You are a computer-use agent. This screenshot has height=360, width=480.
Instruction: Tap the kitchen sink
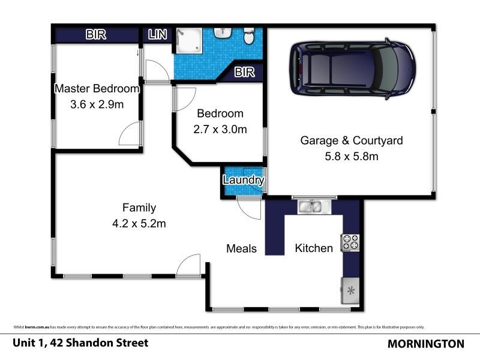tap(311, 208)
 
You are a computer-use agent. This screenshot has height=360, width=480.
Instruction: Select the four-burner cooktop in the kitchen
tap(350, 242)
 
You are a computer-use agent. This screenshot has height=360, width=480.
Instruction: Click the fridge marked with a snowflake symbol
tap(350, 290)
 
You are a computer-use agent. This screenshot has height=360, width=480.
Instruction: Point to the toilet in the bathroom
tap(249, 37)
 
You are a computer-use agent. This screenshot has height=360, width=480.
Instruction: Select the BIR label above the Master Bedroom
tap(95, 35)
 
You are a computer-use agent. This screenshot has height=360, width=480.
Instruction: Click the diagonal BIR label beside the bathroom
tap(244, 73)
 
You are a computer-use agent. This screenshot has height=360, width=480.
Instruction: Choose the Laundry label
tap(243, 180)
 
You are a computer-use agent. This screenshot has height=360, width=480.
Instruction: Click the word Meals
tap(241, 248)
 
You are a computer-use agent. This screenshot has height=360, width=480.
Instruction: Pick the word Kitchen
tap(313, 248)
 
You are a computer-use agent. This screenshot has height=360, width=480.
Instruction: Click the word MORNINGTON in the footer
tap(426, 344)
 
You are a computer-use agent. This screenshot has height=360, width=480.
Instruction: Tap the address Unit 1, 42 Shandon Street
tap(80, 343)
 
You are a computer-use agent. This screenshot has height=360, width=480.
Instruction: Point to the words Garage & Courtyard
tap(351, 141)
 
